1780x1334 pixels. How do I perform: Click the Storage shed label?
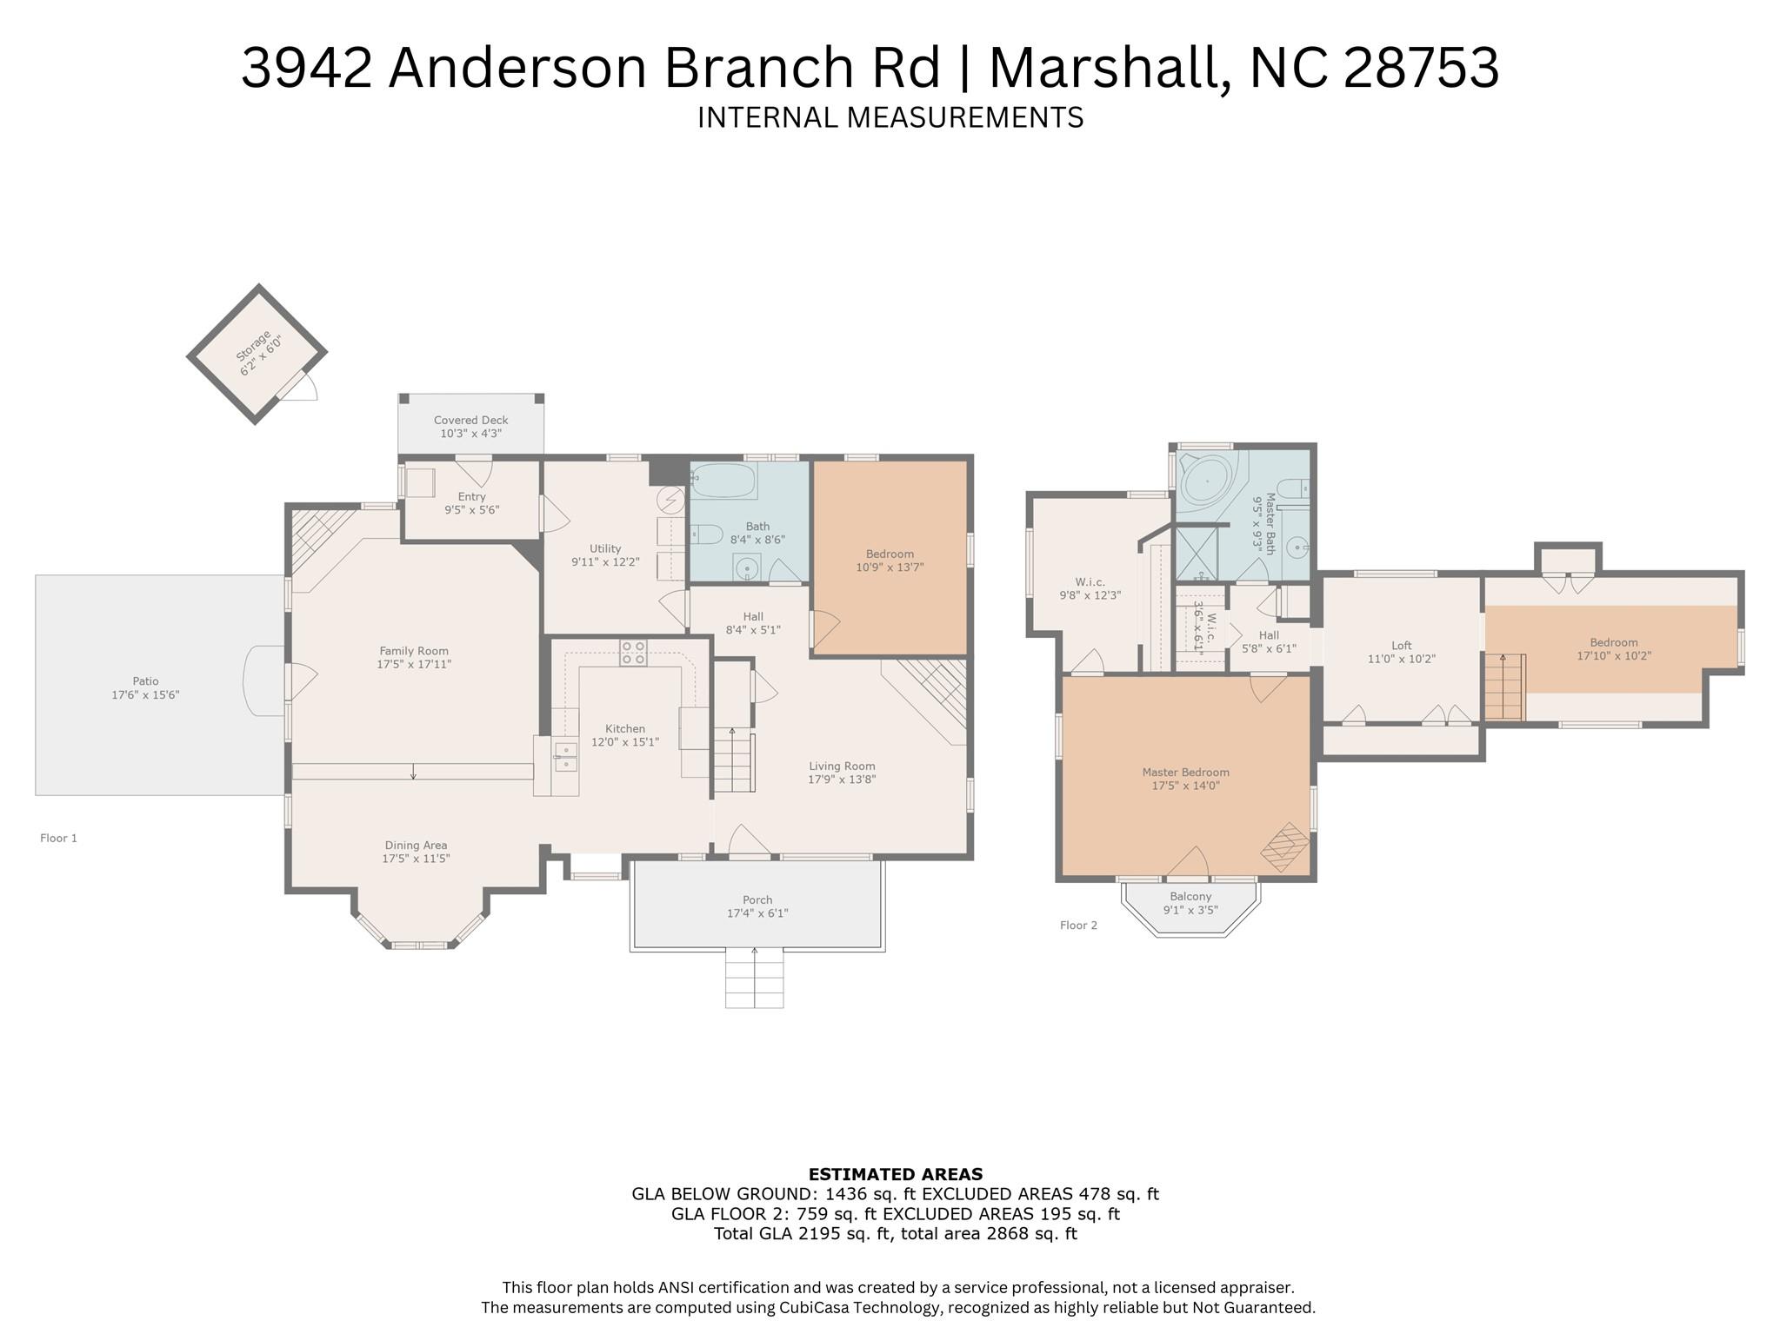[x=252, y=347]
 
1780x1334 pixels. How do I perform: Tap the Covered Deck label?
[x=471, y=420]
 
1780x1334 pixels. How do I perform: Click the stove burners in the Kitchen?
[x=633, y=653]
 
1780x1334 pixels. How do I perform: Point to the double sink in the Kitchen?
[x=566, y=756]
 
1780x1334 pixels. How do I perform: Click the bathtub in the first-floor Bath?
[x=723, y=479]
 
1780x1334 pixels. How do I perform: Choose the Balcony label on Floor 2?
[x=1190, y=897]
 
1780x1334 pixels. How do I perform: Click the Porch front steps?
[x=755, y=979]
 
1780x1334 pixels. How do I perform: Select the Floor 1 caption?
[x=58, y=839]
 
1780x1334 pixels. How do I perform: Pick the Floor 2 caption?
[x=1078, y=926]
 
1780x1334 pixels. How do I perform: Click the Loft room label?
[x=1402, y=646]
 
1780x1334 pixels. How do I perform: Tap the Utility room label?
[x=605, y=548]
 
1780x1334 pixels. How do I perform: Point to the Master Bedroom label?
[x=1186, y=773]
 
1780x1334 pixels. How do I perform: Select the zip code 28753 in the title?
[x=1422, y=68]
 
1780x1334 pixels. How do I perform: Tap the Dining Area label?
[x=416, y=846]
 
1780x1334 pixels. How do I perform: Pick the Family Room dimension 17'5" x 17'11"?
[x=414, y=665]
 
